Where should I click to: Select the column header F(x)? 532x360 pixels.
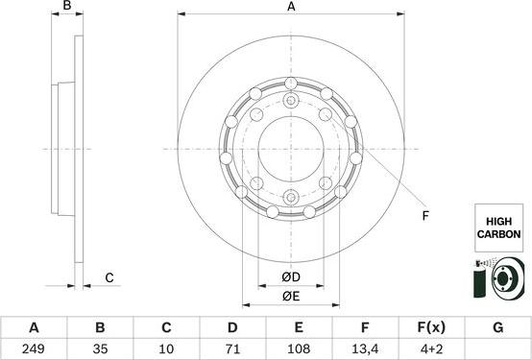tap(431, 327)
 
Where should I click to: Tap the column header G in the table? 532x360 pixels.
tap(497, 327)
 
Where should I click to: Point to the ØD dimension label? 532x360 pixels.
tap(290, 278)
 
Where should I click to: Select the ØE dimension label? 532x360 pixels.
tap(290, 296)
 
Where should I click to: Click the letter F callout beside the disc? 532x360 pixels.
tap(423, 216)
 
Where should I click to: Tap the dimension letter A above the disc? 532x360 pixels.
tap(291, 8)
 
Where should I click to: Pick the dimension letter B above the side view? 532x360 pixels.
tap(67, 8)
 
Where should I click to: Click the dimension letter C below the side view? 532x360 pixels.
tap(109, 278)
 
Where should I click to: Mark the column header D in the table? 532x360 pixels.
tap(232, 327)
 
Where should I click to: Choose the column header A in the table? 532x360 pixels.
tap(35, 327)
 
